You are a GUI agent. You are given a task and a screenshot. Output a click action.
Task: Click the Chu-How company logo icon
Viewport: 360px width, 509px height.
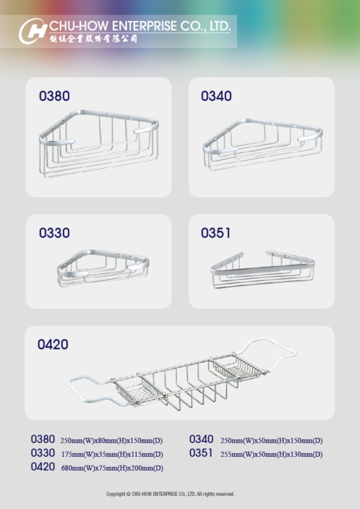coord(33,31)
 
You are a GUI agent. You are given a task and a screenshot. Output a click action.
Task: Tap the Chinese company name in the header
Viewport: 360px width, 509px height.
coord(93,39)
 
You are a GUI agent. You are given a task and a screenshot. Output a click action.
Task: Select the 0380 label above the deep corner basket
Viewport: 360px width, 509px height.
coord(54,96)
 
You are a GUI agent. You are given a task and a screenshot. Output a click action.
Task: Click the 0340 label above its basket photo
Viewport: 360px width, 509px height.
coord(216,96)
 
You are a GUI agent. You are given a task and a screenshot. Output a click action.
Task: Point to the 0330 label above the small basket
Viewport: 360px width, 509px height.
coord(54,233)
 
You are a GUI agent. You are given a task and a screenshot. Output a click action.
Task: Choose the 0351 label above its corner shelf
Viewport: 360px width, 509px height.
coord(215,233)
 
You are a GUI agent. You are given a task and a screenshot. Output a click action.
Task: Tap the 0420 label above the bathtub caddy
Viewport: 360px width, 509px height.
coord(53,344)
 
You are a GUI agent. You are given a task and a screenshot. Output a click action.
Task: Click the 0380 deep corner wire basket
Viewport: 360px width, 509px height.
coord(98,143)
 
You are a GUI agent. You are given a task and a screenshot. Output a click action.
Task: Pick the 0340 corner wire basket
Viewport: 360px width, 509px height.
coord(263,145)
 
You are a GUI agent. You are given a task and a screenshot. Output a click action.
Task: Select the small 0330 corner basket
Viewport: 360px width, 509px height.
coord(103,268)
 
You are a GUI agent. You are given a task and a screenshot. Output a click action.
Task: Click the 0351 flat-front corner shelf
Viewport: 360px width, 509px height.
coord(263,269)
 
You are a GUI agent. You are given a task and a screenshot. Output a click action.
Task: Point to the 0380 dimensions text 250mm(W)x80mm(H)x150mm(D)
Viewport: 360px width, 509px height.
coord(111,441)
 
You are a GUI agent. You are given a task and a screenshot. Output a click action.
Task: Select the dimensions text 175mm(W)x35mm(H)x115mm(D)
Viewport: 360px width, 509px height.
coord(112,454)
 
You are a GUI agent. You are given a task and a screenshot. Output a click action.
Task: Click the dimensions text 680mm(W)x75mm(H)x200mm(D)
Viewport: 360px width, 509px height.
coord(112,468)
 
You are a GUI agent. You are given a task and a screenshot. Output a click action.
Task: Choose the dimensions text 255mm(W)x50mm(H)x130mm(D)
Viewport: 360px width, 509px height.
coord(271,454)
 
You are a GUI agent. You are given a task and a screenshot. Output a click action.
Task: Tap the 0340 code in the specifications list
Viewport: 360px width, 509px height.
coord(201,439)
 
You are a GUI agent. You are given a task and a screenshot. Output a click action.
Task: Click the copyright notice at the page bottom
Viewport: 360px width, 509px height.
coord(170,494)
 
